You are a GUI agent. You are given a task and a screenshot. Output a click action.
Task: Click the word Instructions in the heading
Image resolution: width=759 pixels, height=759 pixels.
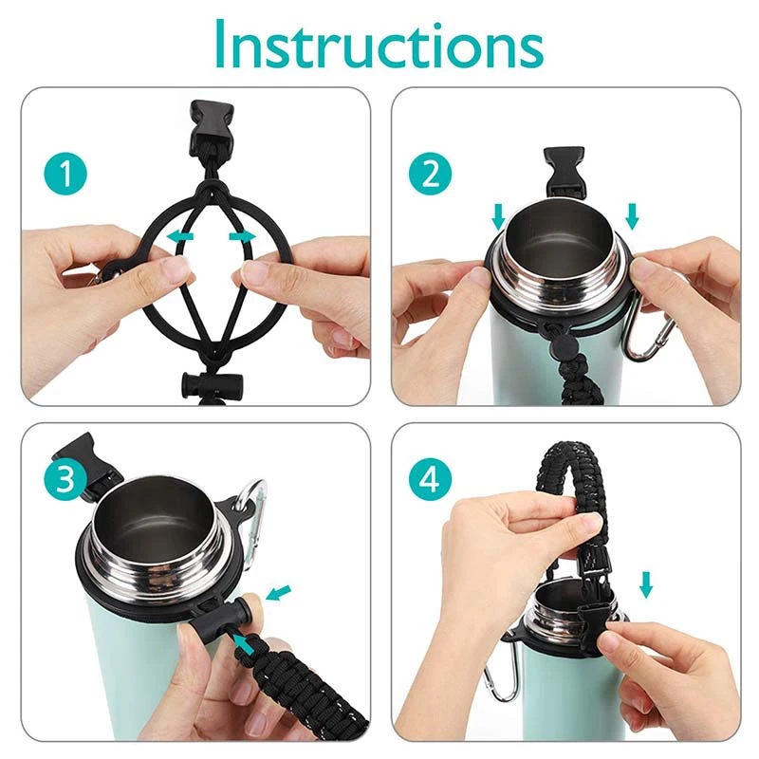click(379, 45)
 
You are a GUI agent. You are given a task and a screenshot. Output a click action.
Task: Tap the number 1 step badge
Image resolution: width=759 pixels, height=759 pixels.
click(65, 175)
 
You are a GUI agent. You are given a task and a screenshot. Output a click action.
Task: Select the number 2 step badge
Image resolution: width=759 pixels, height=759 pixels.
click(431, 175)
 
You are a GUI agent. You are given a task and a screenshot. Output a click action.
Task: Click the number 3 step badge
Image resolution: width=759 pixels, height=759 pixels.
click(65, 479)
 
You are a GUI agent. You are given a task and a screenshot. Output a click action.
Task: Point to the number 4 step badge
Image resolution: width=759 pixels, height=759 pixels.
click(431, 479)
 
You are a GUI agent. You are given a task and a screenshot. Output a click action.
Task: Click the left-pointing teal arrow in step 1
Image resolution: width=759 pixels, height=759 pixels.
click(179, 236)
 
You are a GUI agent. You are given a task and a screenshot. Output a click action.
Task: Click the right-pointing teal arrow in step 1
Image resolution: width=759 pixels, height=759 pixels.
click(243, 236)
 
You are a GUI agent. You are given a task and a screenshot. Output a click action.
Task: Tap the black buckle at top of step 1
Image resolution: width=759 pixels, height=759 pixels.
click(212, 128)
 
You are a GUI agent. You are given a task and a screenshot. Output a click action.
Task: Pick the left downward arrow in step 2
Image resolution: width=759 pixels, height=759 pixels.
click(498, 217)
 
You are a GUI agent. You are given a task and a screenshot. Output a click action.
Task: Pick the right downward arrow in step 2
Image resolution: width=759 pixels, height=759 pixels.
click(632, 217)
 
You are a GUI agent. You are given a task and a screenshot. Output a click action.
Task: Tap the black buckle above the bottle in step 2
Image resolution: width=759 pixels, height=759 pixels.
click(564, 174)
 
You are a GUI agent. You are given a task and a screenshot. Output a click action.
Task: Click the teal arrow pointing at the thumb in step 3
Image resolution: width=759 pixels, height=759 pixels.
click(279, 592)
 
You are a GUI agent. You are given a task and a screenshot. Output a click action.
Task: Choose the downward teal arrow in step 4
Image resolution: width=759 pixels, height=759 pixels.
click(646, 584)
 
